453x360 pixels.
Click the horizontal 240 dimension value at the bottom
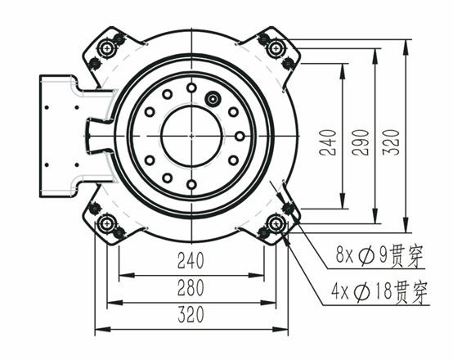[190, 262]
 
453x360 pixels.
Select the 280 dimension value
[190, 287]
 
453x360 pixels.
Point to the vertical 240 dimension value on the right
[329, 141]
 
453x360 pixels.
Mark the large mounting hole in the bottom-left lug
[105, 223]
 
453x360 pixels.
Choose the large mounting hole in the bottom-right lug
[276, 223]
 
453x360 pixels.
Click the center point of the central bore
[191, 135]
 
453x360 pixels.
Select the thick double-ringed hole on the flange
[214, 99]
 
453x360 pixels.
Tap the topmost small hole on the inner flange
[191, 88]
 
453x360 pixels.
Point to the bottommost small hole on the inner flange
[191, 183]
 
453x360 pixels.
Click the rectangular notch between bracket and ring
[96, 135]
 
